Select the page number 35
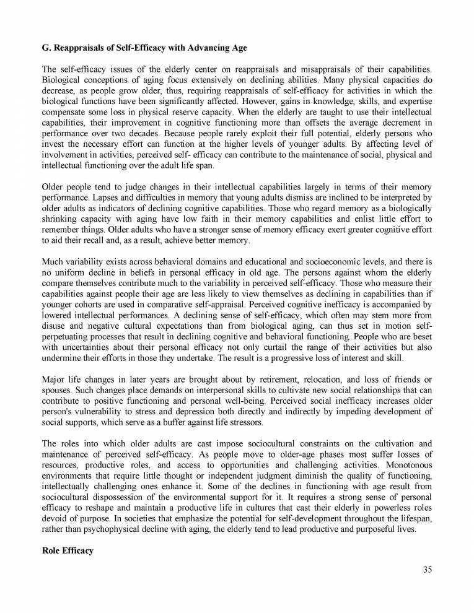point(427,570)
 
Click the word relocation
point(329,398)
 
